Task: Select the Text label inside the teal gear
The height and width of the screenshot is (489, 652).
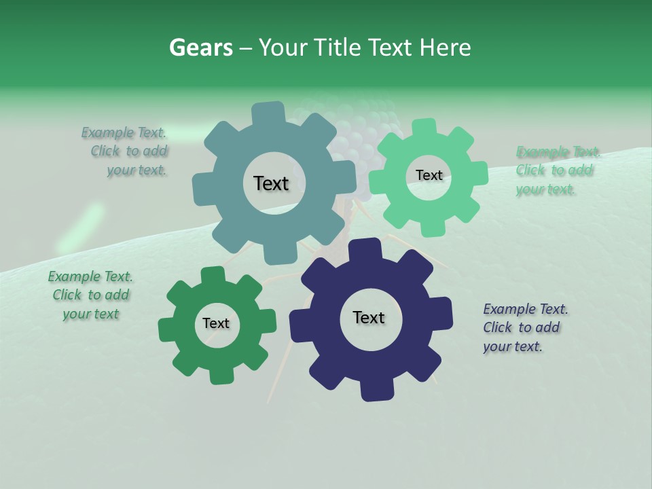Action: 271,183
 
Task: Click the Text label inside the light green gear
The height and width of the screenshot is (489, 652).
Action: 429,175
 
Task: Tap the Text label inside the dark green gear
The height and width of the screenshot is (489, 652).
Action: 216,324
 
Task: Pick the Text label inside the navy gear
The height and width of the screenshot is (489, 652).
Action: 369,318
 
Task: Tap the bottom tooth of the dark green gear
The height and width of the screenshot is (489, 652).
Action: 219,375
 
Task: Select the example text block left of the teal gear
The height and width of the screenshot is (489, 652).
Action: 126,151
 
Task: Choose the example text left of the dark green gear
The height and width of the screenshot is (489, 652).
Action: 90,295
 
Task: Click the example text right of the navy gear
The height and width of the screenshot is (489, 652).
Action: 524,327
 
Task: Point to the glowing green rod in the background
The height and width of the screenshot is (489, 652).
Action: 81,228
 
